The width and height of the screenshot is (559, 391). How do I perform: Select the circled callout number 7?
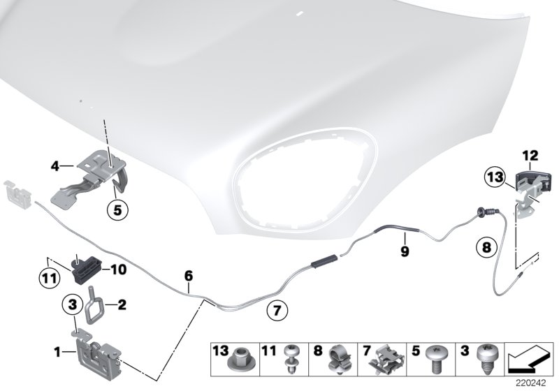[277, 307]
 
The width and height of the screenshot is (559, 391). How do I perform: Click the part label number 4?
[55, 166]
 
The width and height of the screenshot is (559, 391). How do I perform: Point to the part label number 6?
[188, 276]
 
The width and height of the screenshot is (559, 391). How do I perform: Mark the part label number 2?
[122, 304]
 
